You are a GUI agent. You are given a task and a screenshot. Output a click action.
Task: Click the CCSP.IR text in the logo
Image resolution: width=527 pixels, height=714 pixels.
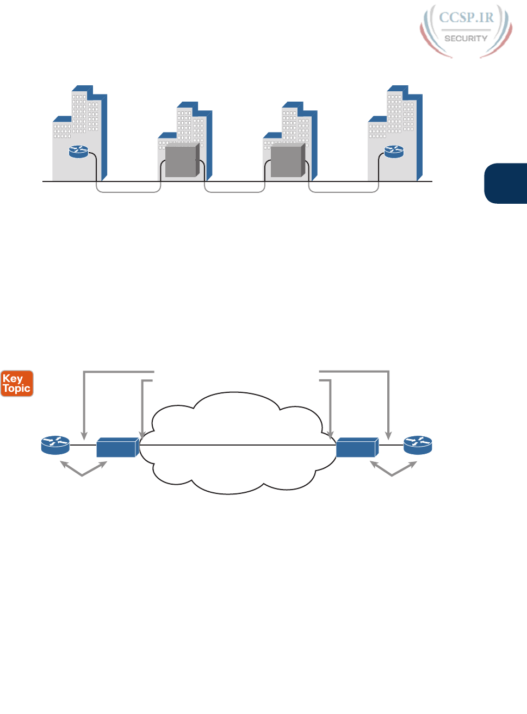tap(466, 17)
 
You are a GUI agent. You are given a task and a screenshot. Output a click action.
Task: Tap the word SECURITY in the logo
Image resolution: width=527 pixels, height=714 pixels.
tap(466, 39)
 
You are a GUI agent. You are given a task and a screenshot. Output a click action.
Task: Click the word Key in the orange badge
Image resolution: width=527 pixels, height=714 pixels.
tap(13, 378)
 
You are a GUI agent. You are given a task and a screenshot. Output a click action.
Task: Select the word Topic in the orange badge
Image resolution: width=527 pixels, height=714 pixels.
tap(17, 389)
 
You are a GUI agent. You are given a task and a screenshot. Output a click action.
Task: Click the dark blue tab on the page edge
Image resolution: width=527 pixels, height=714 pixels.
tap(506, 183)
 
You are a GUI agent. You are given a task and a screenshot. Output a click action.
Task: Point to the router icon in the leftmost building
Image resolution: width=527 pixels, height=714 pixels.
tap(78, 152)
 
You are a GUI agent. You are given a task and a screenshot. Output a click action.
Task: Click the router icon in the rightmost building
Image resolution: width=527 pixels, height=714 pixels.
tap(394, 152)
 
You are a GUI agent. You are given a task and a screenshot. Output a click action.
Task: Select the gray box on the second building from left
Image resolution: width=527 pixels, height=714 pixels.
tap(182, 161)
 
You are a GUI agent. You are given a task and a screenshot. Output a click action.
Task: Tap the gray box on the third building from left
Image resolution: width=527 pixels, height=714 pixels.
tap(287, 161)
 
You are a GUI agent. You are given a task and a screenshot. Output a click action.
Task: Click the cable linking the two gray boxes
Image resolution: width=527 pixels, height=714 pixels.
tap(234, 192)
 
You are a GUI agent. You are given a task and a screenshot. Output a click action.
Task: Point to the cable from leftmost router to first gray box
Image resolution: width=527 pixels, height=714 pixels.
tap(128, 192)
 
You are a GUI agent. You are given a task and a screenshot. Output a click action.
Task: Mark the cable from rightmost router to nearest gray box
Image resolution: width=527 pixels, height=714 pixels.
tap(343, 192)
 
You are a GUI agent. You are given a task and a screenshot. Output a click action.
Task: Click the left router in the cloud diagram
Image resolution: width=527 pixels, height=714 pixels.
tap(55, 445)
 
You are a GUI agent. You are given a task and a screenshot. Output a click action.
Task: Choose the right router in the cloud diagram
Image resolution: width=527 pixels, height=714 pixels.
tap(417, 445)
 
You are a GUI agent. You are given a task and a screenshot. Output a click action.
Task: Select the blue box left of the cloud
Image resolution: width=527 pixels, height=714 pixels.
tap(116, 447)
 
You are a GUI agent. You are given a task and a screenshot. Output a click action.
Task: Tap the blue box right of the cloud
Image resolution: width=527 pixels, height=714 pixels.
tap(356, 447)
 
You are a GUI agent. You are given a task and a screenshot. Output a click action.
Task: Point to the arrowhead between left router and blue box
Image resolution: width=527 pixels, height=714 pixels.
tap(84, 436)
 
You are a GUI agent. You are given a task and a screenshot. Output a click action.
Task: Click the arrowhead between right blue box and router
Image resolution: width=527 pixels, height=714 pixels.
tap(388, 436)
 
